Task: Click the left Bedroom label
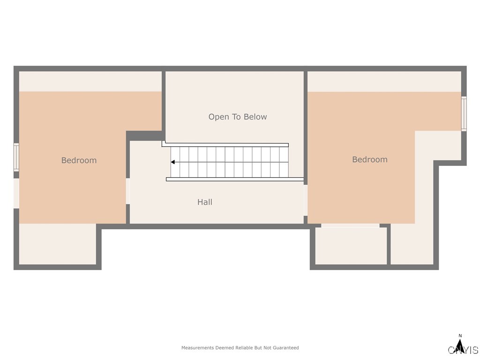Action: (79, 160)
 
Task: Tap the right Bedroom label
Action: (370, 159)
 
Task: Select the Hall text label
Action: (205, 202)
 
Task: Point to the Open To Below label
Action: (238, 117)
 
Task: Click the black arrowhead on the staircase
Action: (172, 162)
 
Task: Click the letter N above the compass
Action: (460, 336)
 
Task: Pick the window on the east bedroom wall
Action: (464, 113)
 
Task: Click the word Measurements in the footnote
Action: (197, 348)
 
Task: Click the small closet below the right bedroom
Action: (351, 246)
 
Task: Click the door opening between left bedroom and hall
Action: (127, 191)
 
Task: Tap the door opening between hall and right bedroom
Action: (305, 200)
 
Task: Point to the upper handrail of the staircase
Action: (225, 144)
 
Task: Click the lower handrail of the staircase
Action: (234, 179)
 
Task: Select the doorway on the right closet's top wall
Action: (350, 225)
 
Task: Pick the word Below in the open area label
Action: (255, 117)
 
